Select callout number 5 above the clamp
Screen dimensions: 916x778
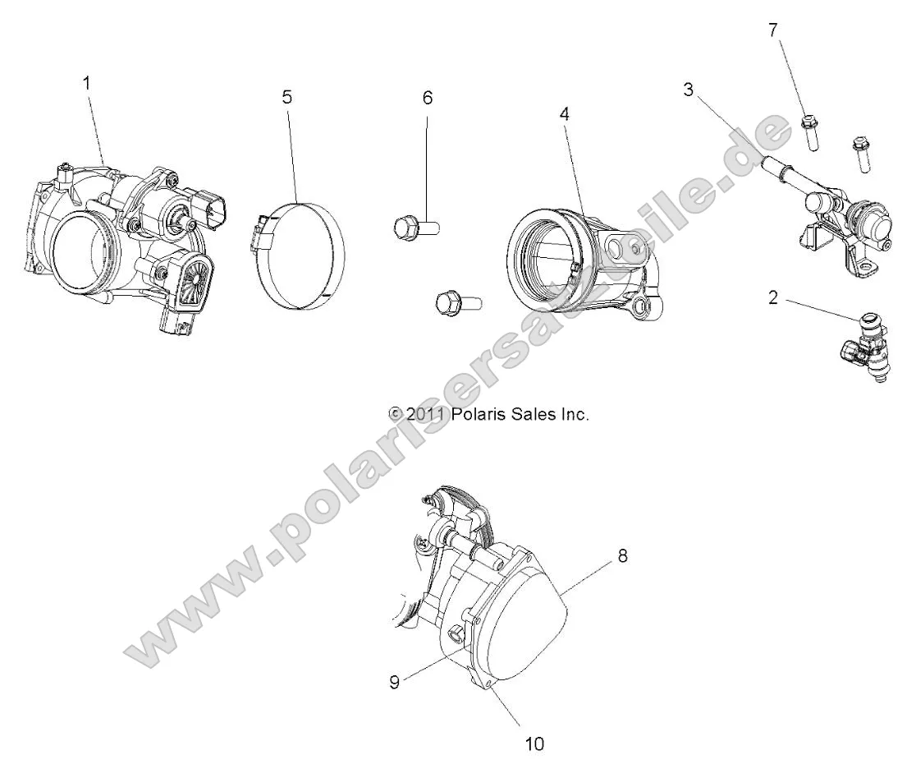286,97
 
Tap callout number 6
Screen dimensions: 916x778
428,97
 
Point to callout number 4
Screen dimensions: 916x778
564,115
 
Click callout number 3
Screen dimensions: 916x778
688,89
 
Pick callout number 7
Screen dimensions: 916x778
772,30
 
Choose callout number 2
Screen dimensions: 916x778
772,298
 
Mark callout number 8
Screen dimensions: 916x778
623,556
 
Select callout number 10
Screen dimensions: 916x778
534,743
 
